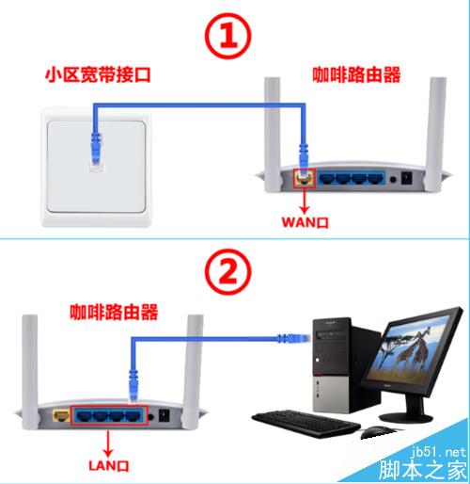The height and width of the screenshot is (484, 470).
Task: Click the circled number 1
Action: (228, 36)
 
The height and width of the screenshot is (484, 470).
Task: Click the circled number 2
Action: (228, 272)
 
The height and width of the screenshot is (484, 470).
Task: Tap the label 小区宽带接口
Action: (99, 74)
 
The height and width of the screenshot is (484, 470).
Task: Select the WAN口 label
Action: (305, 222)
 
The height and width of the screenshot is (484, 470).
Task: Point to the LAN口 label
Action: (109, 465)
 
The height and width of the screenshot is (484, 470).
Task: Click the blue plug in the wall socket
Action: (96, 149)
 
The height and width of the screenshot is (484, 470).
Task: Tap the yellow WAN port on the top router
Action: (305, 179)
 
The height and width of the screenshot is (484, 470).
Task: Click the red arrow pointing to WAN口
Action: (305, 202)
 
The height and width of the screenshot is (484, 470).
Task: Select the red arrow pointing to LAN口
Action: (108, 444)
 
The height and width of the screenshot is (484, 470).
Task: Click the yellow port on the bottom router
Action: (61, 415)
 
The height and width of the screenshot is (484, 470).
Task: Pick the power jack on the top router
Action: (407, 178)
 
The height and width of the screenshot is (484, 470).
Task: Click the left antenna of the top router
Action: (272, 135)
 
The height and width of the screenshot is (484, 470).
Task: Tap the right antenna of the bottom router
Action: (192, 372)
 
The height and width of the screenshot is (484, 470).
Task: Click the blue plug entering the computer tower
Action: (294, 338)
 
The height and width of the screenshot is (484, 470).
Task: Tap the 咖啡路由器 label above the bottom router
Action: (114, 312)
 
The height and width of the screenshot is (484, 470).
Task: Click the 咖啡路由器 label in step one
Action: (356, 74)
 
